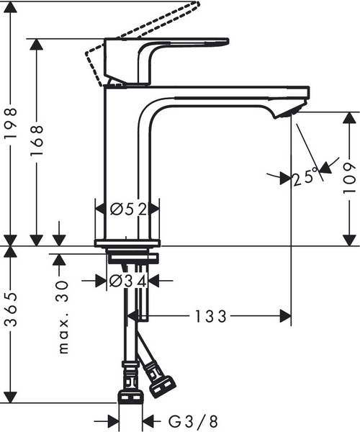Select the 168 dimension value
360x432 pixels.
click(37, 145)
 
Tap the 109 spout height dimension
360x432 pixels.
click(349, 174)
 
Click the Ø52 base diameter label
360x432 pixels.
click(128, 210)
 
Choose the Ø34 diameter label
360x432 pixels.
click(128, 281)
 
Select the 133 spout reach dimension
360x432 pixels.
click(210, 315)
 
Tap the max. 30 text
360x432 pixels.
click(63, 319)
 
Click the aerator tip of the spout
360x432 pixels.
click(289, 112)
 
